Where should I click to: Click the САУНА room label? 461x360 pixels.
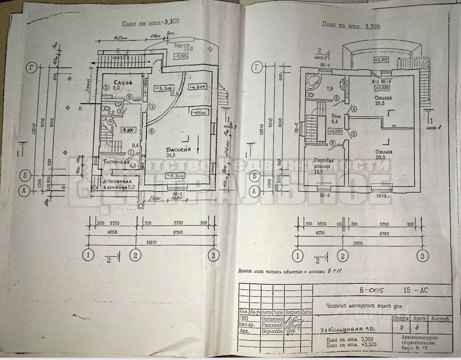click(x=120, y=83)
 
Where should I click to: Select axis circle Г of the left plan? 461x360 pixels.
click(x=31, y=68)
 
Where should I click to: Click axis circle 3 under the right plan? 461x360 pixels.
click(x=422, y=256)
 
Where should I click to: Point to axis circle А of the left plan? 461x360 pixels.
click(x=23, y=191)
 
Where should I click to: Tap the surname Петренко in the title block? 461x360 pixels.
click(x=272, y=318)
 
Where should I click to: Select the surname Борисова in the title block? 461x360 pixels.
click(x=272, y=331)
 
